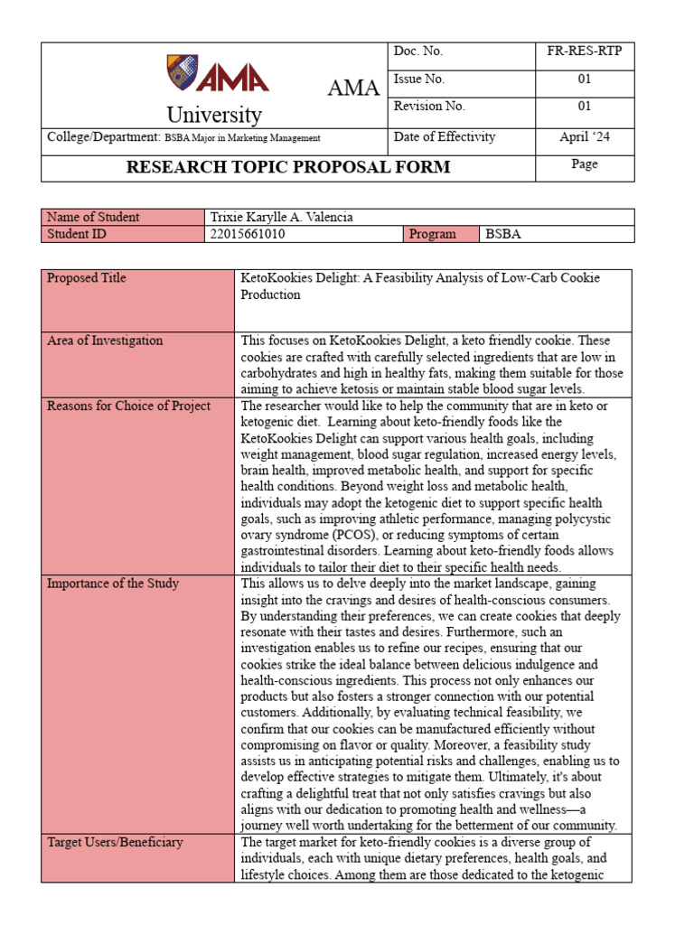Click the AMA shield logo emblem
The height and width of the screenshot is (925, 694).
[182, 72]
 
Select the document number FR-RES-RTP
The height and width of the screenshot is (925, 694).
[585, 51]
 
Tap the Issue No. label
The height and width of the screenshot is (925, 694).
[419, 79]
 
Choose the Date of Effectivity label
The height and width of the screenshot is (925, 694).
[445, 137]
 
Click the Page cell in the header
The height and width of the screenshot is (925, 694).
[585, 164]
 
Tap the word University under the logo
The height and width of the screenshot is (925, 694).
[214, 116]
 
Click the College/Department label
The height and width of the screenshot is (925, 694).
[102, 137]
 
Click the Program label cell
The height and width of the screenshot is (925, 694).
[433, 234]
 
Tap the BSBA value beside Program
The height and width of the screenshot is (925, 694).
[504, 234]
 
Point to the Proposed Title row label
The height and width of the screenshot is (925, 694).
[87, 278]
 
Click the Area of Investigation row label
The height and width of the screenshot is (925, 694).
[105, 341]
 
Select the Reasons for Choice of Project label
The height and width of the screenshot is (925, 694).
[128, 406]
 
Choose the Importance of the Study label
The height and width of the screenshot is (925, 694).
[113, 584]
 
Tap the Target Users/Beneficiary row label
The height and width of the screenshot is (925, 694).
[115, 842]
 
